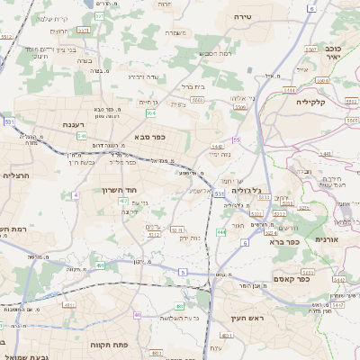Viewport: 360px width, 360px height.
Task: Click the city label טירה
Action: (266, 17)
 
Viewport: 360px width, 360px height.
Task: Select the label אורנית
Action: (325, 239)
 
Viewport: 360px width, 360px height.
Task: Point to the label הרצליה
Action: (17, 175)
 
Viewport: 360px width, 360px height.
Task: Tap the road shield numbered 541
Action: (82, 136)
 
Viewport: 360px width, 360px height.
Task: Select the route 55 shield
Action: (236, 139)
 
